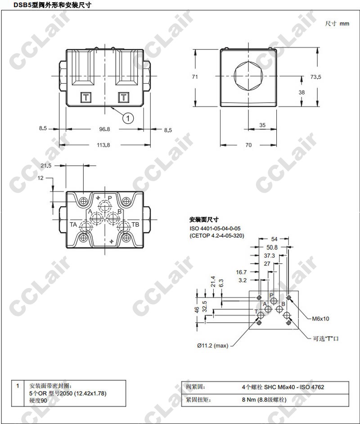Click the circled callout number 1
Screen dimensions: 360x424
128,118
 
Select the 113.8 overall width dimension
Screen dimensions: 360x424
103,145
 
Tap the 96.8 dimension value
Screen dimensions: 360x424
104,129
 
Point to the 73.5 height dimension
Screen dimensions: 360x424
316,77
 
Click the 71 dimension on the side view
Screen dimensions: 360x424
195,77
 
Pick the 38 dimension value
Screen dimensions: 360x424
301,92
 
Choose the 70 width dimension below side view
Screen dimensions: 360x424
248,145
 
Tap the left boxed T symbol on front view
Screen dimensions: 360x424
85,97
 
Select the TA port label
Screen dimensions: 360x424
73,225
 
